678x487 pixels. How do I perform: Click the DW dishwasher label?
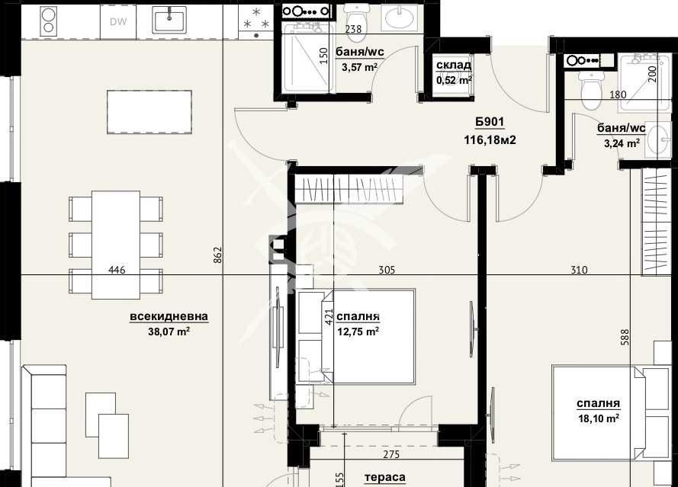coord(117,21)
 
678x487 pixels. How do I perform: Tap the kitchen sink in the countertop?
coord(169,20)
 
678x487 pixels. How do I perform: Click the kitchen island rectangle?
coord(149,112)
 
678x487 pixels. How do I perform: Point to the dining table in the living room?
coord(116,245)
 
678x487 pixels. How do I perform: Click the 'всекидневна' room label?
coord(169,317)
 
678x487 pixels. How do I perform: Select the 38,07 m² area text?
coord(169,332)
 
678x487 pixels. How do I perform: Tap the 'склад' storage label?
coord(453,66)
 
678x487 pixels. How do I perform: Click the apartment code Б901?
coord(490,123)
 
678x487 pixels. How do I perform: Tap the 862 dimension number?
coord(217,255)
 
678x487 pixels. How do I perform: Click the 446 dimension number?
coord(117,270)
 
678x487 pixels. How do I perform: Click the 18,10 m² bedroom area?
coord(598,418)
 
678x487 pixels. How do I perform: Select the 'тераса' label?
coord(384,477)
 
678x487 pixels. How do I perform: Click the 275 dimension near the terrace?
coord(391,455)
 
